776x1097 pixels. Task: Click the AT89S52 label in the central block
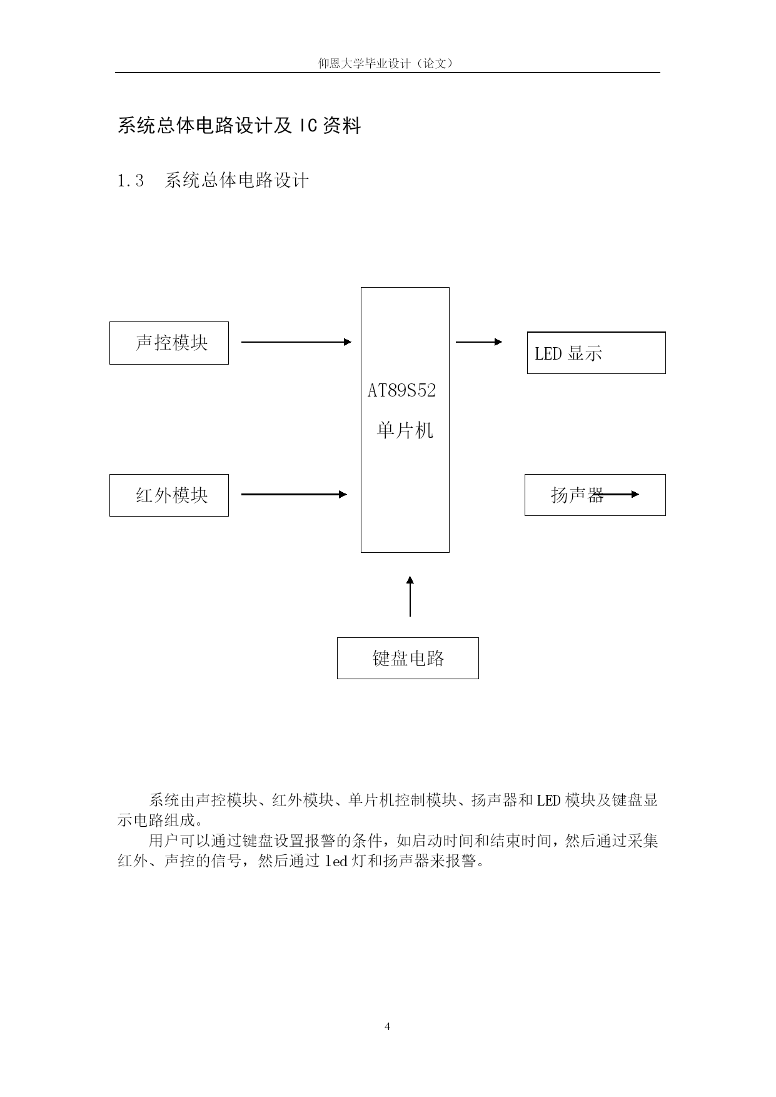click(x=401, y=391)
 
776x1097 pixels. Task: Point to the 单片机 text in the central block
click(x=405, y=430)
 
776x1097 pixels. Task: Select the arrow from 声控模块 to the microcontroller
click(x=296, y=342)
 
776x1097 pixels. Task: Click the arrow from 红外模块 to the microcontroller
click(x=294, y=494)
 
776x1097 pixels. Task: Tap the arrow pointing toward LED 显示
click(x=479, y=342)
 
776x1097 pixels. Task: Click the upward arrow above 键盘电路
click(x=410, y=597)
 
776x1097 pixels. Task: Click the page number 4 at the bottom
click(x=387, y=1026)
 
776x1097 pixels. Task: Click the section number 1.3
click(x=131, y=181)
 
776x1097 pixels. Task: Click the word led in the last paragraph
click(x=336, y=861)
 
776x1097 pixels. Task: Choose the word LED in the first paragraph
click(x=548, y=800)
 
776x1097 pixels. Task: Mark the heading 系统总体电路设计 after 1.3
click(x=237, y=181)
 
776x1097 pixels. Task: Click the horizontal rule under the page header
click(x=387, y=73)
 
